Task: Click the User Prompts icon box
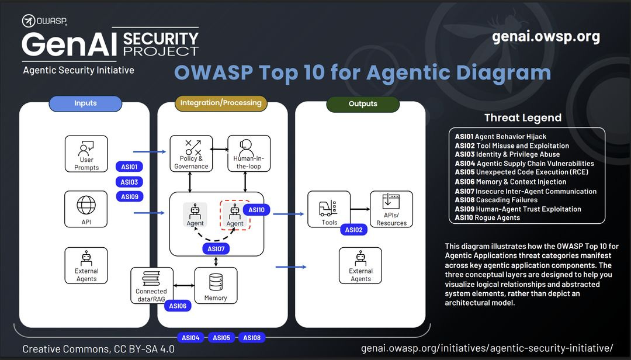pos(86,154)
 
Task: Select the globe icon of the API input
pos(86,205)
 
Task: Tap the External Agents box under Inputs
pos(86,265)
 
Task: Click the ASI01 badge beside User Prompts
pos(129,167)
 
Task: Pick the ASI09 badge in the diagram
pos(129,197)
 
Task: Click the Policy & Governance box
pos(191,154)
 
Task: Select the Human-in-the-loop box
pos(249,154)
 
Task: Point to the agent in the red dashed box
pos(235,215)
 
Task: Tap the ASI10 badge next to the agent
pos(256,210)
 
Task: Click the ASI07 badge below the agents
pos(216,249)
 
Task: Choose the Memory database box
pos(216,286)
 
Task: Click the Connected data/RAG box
pos(151,285)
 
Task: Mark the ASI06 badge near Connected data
pos(178,306)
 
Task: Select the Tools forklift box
pos(330,209)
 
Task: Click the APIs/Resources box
pos(391,209)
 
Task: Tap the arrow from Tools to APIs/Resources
pos(360,209)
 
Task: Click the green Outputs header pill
pos(363,104)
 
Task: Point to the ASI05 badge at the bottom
pos(221,338)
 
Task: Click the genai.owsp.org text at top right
pos(546,37)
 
